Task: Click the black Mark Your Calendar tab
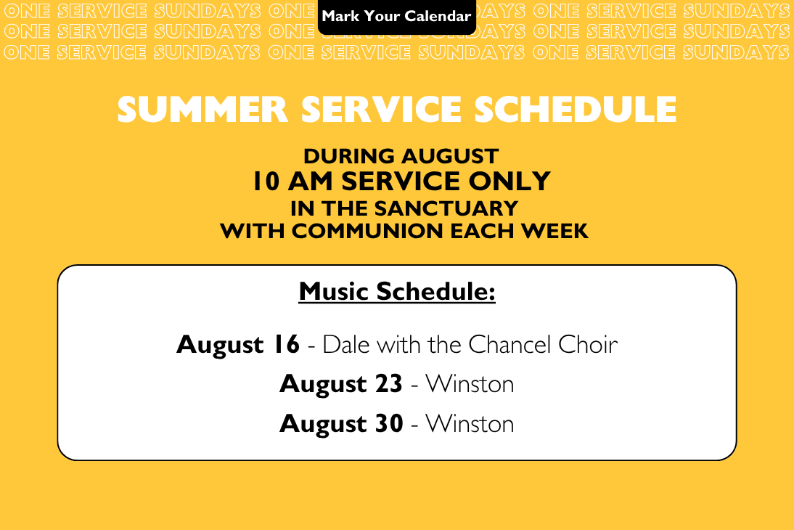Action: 397,17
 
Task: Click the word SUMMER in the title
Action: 203,110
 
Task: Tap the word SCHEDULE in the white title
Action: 576,110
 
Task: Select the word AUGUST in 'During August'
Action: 444,156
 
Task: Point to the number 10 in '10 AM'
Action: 266,182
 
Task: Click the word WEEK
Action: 554,231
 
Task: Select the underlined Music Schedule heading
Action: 397,291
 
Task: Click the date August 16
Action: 238,345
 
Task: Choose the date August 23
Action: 341,384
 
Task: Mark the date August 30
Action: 341,423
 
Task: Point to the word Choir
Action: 588,345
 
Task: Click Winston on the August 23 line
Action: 470,384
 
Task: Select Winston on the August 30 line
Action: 470,423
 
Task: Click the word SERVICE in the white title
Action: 381,110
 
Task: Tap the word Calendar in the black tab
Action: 438,16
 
